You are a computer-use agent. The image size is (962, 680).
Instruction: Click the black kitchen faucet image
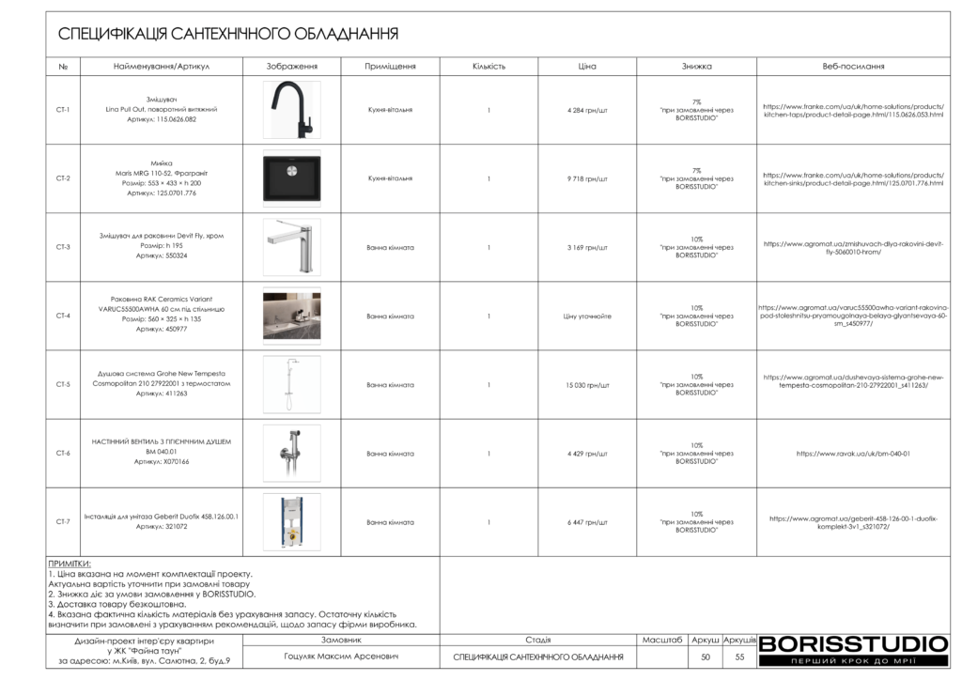291,109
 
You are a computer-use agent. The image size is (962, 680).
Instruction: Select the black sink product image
291,178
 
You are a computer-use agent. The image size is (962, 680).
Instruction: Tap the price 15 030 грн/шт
587,385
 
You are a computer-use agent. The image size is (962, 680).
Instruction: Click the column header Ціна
587,67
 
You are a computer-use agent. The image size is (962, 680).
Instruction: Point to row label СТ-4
63,317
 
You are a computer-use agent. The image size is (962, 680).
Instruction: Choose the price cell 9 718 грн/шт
587,178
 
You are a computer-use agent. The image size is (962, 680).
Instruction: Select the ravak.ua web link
853,454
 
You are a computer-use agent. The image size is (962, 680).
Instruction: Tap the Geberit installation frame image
291,522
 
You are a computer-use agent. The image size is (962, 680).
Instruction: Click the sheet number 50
706,657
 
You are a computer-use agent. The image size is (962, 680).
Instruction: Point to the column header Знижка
696,67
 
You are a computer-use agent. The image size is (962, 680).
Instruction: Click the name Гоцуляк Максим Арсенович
341,657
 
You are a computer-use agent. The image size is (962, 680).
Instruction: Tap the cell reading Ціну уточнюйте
587,317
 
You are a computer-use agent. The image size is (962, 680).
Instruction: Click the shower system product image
291,385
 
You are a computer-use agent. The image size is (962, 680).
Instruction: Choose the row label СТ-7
63,522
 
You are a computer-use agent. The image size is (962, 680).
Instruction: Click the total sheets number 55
739,657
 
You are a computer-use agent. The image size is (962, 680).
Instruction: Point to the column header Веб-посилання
853,67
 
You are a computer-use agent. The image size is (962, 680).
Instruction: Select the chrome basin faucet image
291,247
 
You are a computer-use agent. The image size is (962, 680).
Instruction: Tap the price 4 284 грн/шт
587,110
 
